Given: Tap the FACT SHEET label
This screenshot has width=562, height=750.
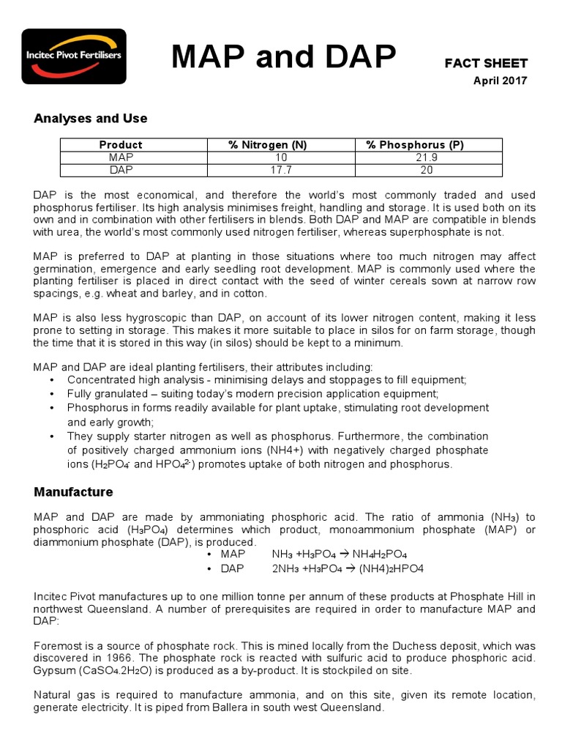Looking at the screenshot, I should coord(486,64).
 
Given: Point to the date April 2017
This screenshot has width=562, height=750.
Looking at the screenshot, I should coord(501,81).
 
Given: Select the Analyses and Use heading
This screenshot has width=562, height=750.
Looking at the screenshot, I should coord(91,119).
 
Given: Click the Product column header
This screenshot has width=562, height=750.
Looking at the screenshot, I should coord(121,145).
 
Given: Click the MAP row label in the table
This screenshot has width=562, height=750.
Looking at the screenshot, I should coord(121,157).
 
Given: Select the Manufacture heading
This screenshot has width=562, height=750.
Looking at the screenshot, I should coord(73,491).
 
